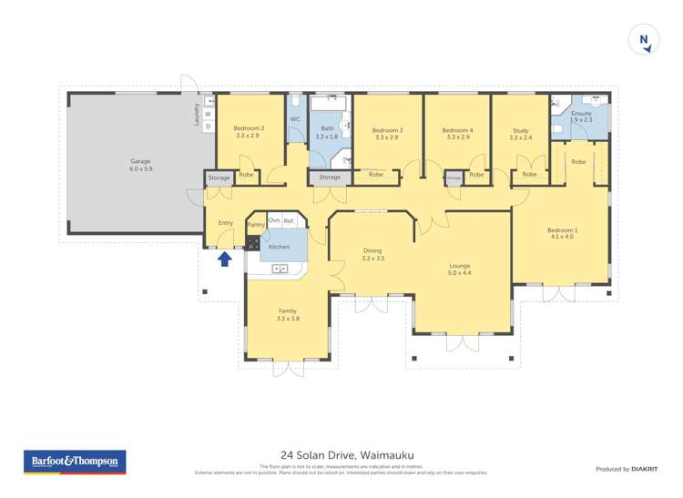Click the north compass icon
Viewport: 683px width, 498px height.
644,40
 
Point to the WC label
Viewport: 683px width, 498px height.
295,119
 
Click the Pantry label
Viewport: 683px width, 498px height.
256,224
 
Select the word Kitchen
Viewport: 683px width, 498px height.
279,247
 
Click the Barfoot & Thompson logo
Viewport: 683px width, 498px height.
75,462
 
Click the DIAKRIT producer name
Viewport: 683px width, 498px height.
646,469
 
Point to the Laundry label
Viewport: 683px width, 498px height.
196,114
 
